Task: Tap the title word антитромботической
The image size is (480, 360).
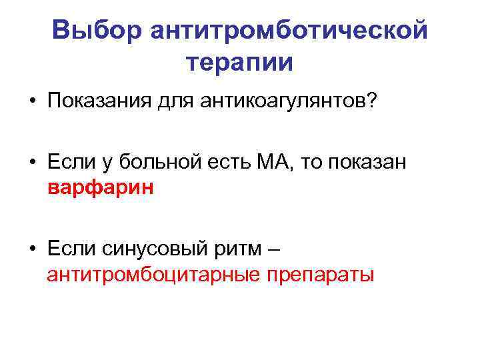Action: [x=289, y=31]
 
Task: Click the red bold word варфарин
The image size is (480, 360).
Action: [x=101, y=187]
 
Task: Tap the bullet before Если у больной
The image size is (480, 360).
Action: [x=32, y=164]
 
